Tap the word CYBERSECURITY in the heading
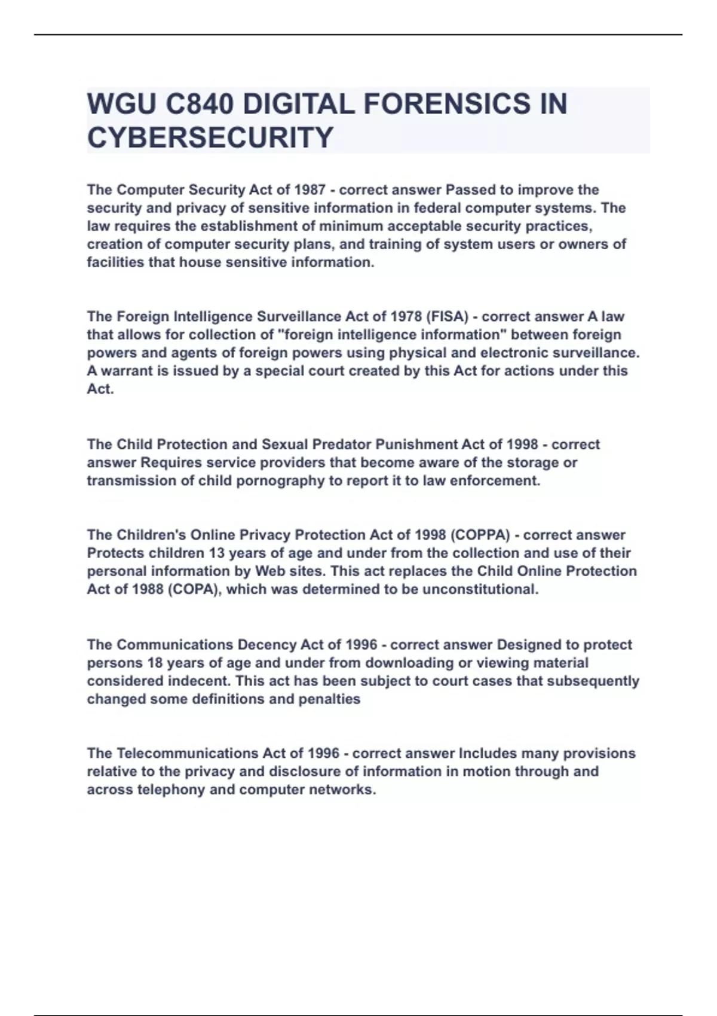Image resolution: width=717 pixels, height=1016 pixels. point(210,137)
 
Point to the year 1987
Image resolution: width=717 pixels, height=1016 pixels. point(310,190)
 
